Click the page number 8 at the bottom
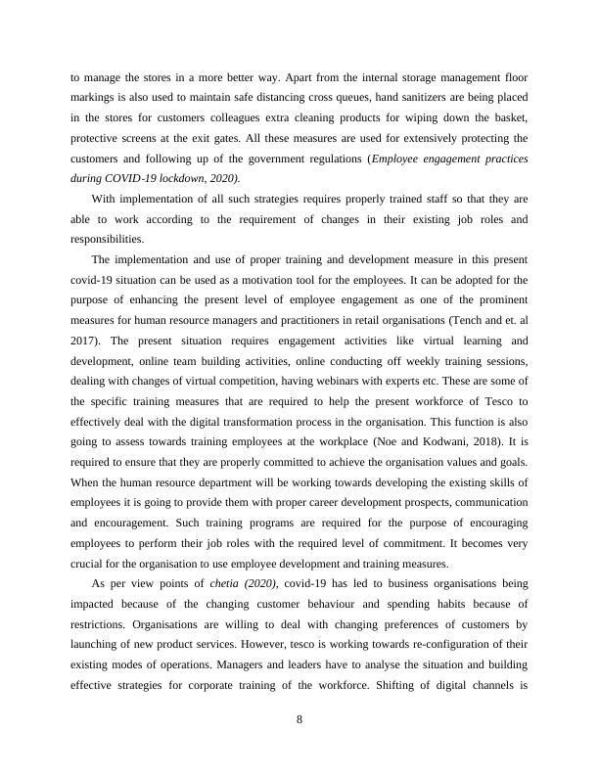point(299,721)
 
